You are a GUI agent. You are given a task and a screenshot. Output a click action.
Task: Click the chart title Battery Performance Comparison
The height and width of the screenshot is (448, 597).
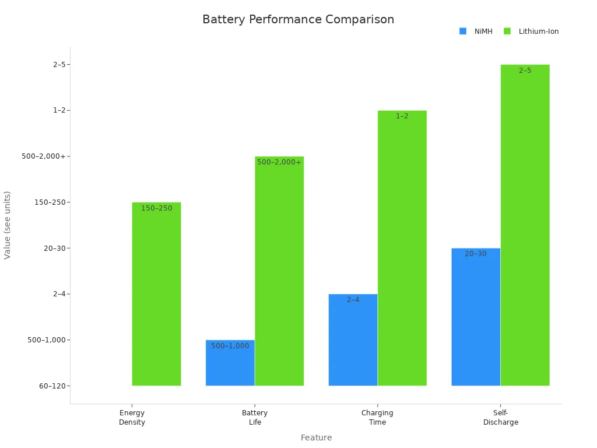(298, 20)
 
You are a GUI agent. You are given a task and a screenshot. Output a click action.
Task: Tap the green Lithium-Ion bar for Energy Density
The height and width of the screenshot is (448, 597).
(156, 297)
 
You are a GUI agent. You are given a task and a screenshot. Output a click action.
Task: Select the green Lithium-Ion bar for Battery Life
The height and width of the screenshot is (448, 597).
(279, 274)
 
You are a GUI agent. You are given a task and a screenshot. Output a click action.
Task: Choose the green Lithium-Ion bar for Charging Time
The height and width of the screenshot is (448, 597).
(402, 251)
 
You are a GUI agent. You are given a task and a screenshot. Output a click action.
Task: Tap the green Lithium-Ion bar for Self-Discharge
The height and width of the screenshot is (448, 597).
(525, 228)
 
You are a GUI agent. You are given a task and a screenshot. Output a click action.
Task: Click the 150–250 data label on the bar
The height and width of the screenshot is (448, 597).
(156, 208)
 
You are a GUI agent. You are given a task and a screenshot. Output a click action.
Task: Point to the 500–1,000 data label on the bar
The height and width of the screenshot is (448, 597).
(230, 346)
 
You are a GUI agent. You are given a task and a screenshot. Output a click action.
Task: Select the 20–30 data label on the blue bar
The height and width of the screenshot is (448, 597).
(476, 254)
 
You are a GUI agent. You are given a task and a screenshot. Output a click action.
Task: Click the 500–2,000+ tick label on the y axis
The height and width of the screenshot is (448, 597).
(44, 156)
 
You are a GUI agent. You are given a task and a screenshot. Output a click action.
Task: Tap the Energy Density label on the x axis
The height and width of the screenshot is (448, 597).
(132, 418)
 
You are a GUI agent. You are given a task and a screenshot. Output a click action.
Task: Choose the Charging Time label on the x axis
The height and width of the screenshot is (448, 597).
(377, 418)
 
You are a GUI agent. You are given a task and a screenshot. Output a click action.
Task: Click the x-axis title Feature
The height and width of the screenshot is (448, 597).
(316, 437)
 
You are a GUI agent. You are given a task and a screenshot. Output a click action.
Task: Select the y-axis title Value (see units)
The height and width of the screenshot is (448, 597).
(8, 225)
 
